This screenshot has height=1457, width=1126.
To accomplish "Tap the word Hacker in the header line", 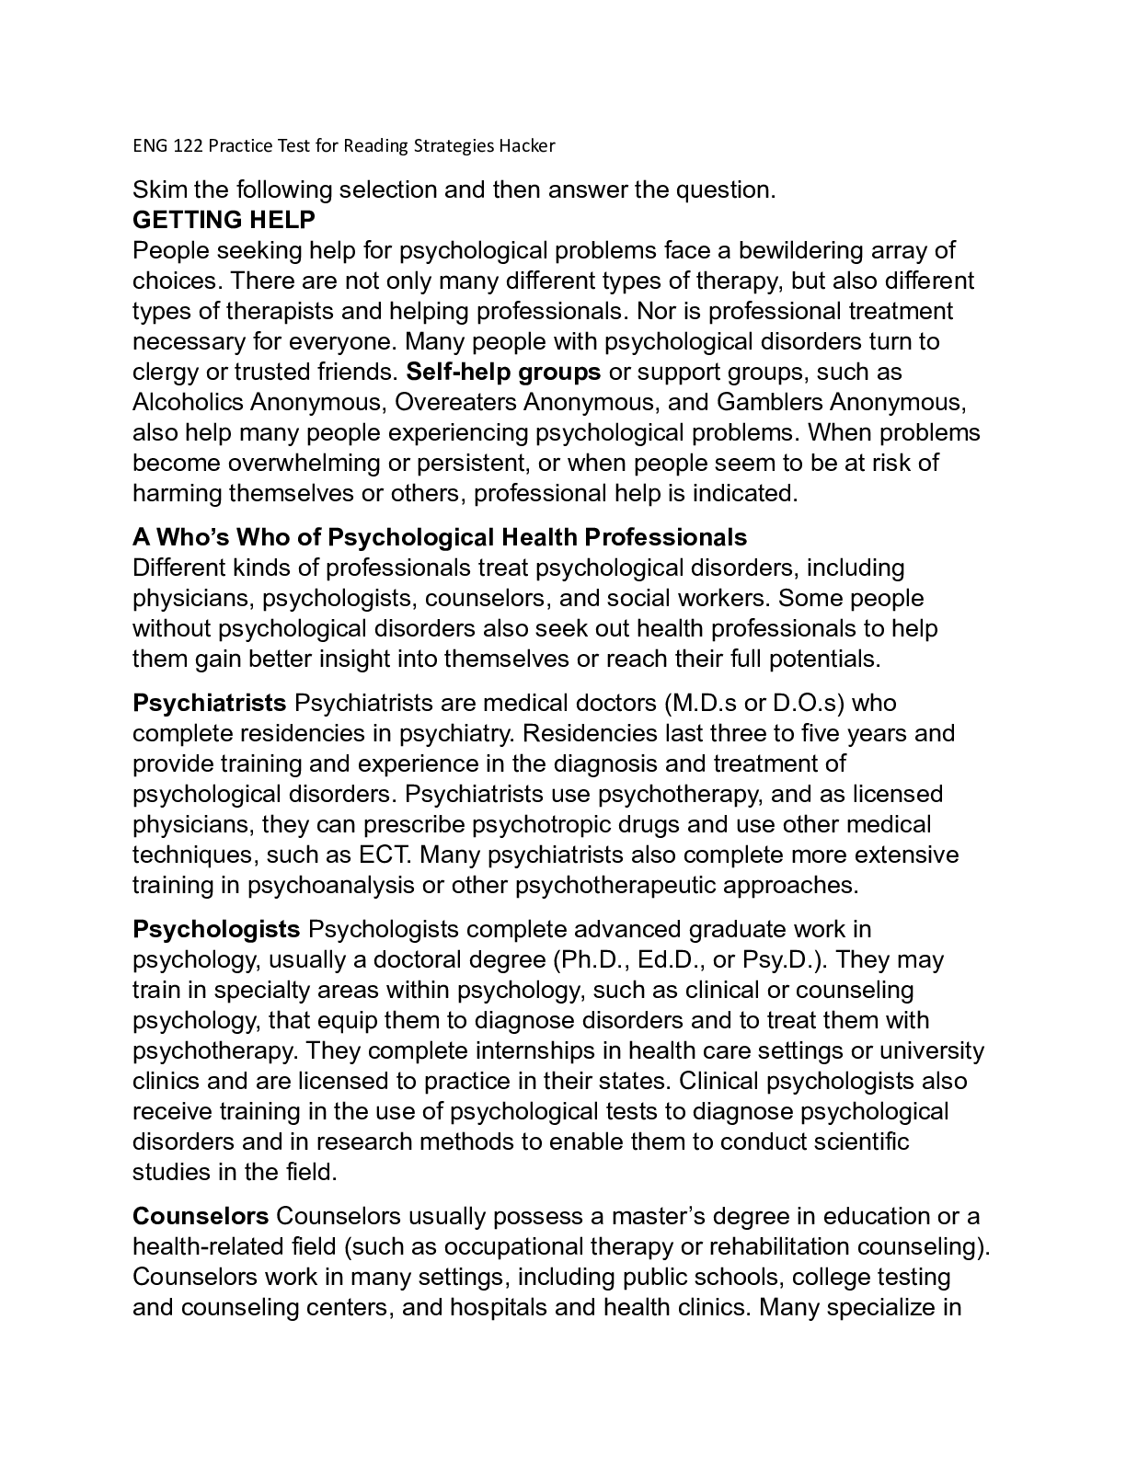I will [x=528, y=145].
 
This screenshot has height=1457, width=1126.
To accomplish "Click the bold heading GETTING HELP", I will [x=224, y=221].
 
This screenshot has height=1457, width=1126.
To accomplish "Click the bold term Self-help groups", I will [x=503, y=373].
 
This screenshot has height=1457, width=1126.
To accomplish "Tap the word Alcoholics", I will [x=188, y=403].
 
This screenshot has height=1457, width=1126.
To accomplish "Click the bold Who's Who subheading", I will [x=440, y=537].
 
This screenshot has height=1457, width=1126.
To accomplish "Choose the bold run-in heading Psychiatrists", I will [x=209, y=704].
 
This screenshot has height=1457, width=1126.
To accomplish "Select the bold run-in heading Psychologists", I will [x=216, y=930].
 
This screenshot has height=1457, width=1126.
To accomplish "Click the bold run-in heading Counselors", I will [x=201, y=1217].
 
